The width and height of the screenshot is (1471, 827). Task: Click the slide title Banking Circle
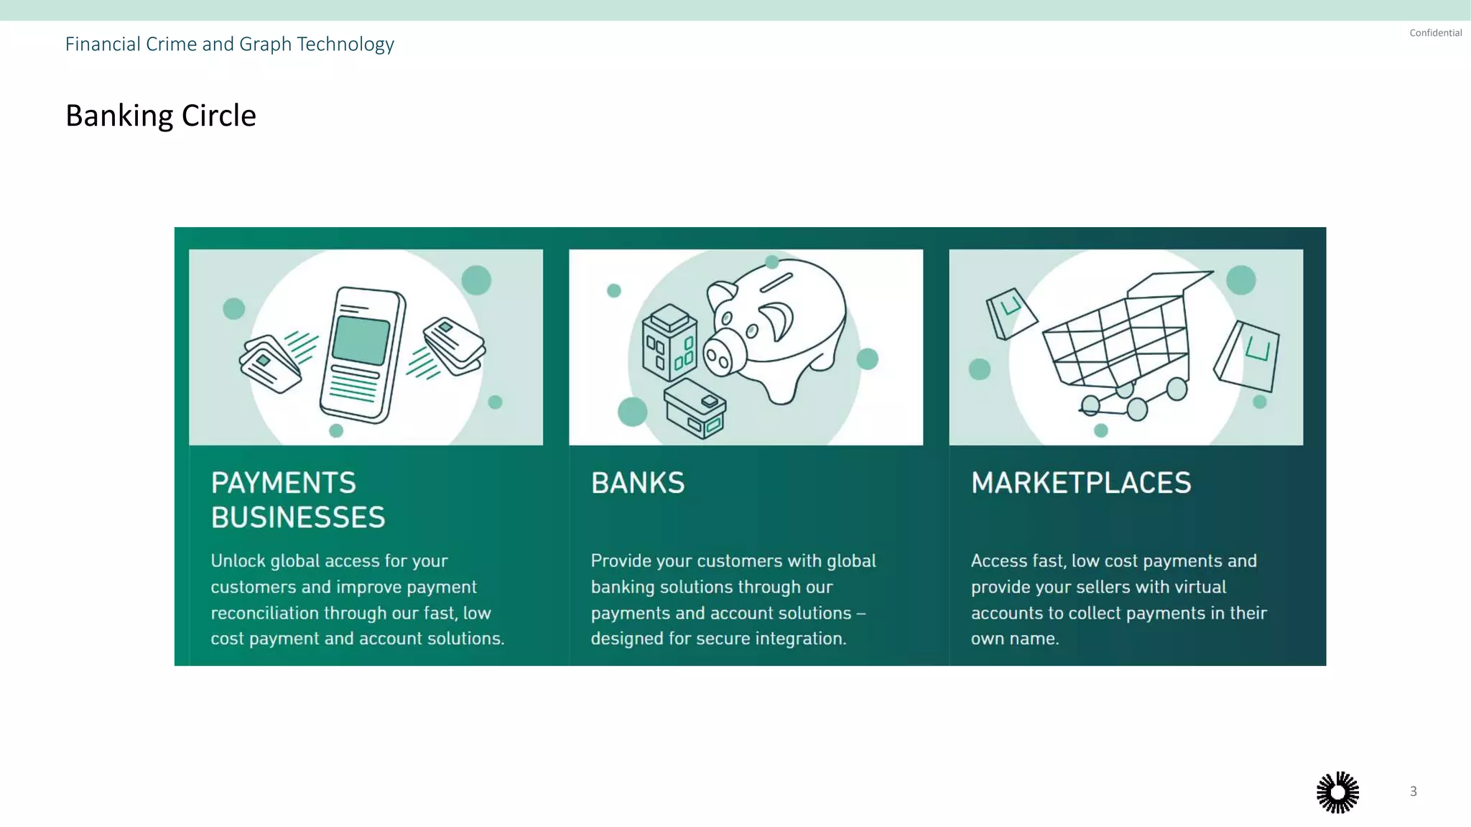point(161,116)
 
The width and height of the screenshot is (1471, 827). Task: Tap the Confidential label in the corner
point(1435,33)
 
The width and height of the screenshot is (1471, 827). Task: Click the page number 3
point(1413,791)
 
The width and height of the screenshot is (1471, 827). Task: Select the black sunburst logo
point(1337,793)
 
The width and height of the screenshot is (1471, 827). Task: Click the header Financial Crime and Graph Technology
point(229,45)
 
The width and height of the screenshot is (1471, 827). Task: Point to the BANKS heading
point(638,483)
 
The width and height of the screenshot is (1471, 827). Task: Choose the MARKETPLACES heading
point(1081,483)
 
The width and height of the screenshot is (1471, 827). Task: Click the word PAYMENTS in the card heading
point(283,483)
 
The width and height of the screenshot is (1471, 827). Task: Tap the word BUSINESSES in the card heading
point(298,517)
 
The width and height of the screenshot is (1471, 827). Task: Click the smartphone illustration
point(363,354)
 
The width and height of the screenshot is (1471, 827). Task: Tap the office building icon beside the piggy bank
point(669,341)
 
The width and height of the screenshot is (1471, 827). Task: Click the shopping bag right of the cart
point(1247,356)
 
